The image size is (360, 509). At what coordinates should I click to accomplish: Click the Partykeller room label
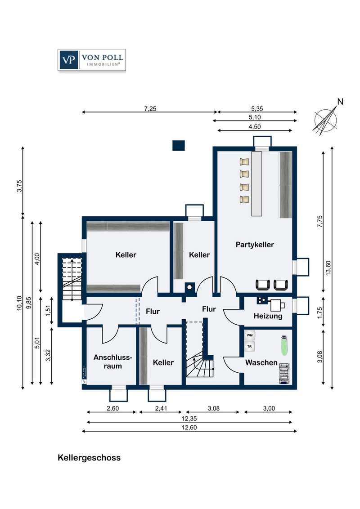tap(255, 245)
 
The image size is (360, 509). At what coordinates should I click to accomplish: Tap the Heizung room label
tap(268, 316)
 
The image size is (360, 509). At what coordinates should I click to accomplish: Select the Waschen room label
tap(261, 362)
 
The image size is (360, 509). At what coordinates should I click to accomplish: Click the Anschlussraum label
tap(113, 362)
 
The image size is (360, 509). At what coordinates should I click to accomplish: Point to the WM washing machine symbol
tap(250, 335)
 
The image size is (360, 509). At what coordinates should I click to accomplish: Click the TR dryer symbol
tap(250, 347)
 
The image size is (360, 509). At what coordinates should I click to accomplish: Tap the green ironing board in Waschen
tap(284, 346)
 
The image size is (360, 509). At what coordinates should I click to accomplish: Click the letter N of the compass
tap(340, 102)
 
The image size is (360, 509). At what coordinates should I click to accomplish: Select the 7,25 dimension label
tap(150, 109)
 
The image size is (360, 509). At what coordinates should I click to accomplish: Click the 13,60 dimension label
tap(328, 268)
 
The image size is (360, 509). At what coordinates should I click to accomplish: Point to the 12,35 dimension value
tap(189, 419)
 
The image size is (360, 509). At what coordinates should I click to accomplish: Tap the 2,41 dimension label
tap(161, 408)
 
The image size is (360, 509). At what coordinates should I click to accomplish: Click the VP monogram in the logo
tap(68, 60)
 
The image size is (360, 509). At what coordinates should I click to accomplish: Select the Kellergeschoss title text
tap(89, 458)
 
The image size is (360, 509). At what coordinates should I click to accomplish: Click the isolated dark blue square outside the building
tap(178, 145)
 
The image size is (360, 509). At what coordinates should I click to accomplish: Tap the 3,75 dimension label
tap(19, 186)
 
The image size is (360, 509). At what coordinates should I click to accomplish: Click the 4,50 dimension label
tap(255, 127)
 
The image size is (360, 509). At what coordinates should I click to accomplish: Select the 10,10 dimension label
tap(19, 303)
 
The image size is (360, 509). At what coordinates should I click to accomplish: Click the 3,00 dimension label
tap(269, 408)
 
